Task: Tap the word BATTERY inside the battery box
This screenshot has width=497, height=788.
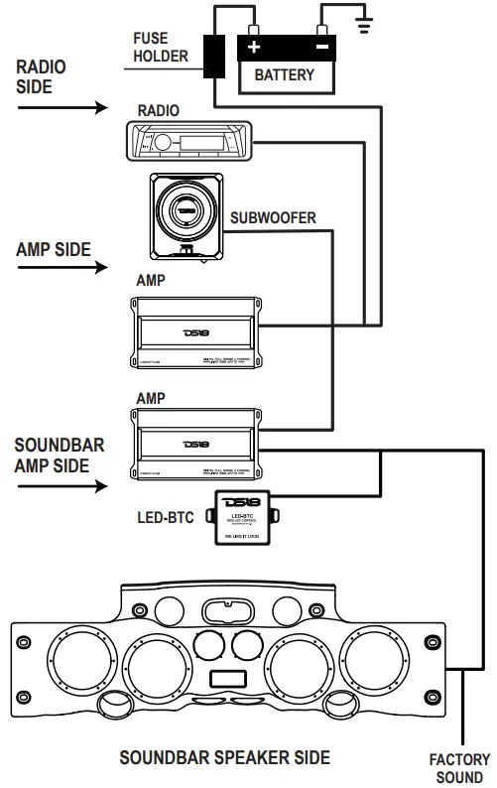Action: tap(285, 75)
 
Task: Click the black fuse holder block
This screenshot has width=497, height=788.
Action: tap(213, 56)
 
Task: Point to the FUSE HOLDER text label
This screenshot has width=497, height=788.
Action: tap(160, 48)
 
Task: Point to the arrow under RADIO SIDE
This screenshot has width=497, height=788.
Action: tap(60, 107)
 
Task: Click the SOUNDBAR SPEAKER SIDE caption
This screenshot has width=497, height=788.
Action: tap(225, 758)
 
